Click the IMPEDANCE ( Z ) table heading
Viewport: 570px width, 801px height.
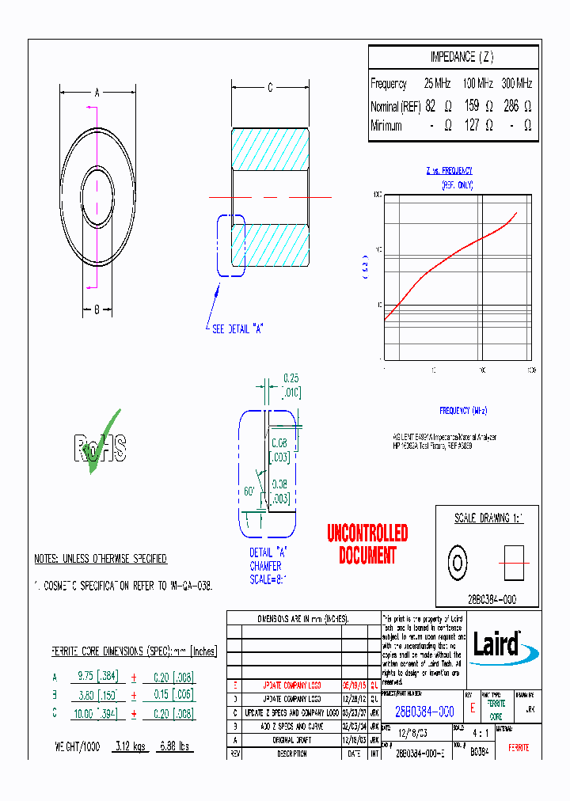[x=462, y=57]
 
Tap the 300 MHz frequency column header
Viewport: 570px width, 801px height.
[x=517, y=83]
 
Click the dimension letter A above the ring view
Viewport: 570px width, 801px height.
[x=97, y=93]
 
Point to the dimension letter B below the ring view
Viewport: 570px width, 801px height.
[x=97, y=309]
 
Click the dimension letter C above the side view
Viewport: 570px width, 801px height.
[x=269, y=88]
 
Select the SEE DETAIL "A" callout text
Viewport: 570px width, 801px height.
[x=237, y=329]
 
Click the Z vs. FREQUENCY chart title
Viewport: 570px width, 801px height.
[x=449, y=170]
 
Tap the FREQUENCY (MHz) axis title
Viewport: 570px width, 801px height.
[x=463, y=410]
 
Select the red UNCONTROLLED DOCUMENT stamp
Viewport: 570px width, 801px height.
[x=367, y=544]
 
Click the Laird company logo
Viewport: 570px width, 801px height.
[x=497, y=643]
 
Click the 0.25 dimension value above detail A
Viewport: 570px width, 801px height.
[x=291, y=378]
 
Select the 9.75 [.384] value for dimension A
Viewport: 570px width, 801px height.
[x=96, y=678]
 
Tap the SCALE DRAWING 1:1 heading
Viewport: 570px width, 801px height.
[x=488, y=518]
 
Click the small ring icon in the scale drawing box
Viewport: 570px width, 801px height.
[x=458, y=562]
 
